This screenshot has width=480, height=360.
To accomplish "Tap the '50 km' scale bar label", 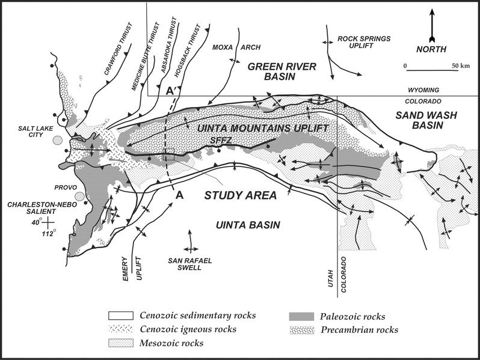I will pos(461,64).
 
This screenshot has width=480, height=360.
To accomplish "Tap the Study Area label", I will pos(240,195).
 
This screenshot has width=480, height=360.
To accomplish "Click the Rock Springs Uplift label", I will pos(363,42).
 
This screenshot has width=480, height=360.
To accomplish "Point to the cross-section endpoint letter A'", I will pos(170,90).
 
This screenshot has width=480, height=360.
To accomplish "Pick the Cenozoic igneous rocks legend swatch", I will pos(121,329).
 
